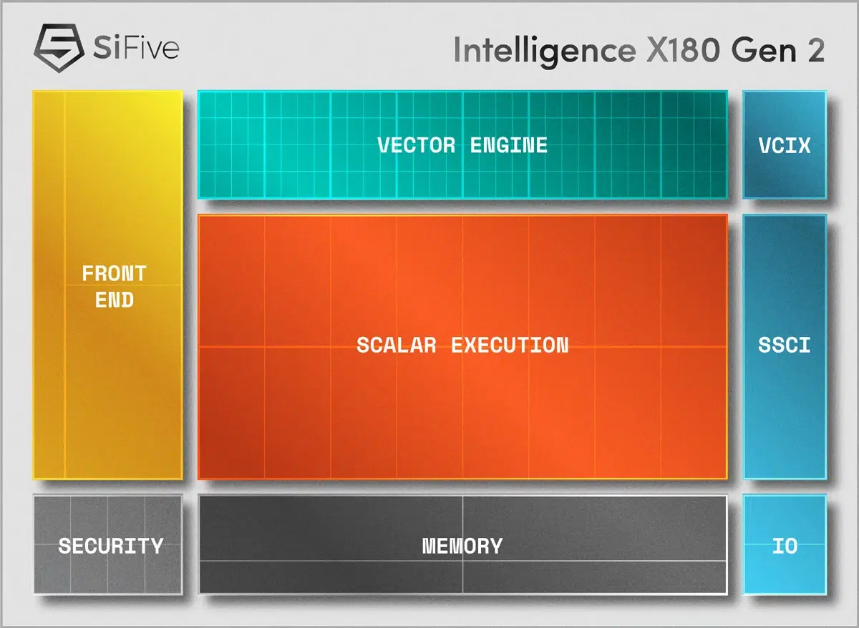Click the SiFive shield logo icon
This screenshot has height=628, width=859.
[59, 48]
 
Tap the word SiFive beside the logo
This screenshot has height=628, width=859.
[136, 47]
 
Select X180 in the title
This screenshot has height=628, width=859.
[683, 50]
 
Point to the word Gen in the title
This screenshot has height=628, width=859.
[764, 50]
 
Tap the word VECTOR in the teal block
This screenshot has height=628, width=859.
[417, 145]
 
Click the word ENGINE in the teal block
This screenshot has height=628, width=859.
[509, 145]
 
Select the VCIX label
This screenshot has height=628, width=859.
[785, 146]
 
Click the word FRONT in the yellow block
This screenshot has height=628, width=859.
[115, 273]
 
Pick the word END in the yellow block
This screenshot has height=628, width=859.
[115, 300]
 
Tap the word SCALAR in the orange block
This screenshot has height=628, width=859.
[397, 345]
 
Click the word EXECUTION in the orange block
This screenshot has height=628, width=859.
[510, 345]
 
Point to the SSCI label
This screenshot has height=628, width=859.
[785, 345]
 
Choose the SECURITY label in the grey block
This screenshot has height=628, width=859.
[111, 546]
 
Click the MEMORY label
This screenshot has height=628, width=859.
[462, 546]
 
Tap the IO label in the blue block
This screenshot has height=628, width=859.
[785, 546]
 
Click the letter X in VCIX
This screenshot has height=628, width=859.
[804, 146]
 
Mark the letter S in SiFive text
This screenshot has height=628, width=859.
[102, 47]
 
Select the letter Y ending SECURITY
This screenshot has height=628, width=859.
[157, 546]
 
